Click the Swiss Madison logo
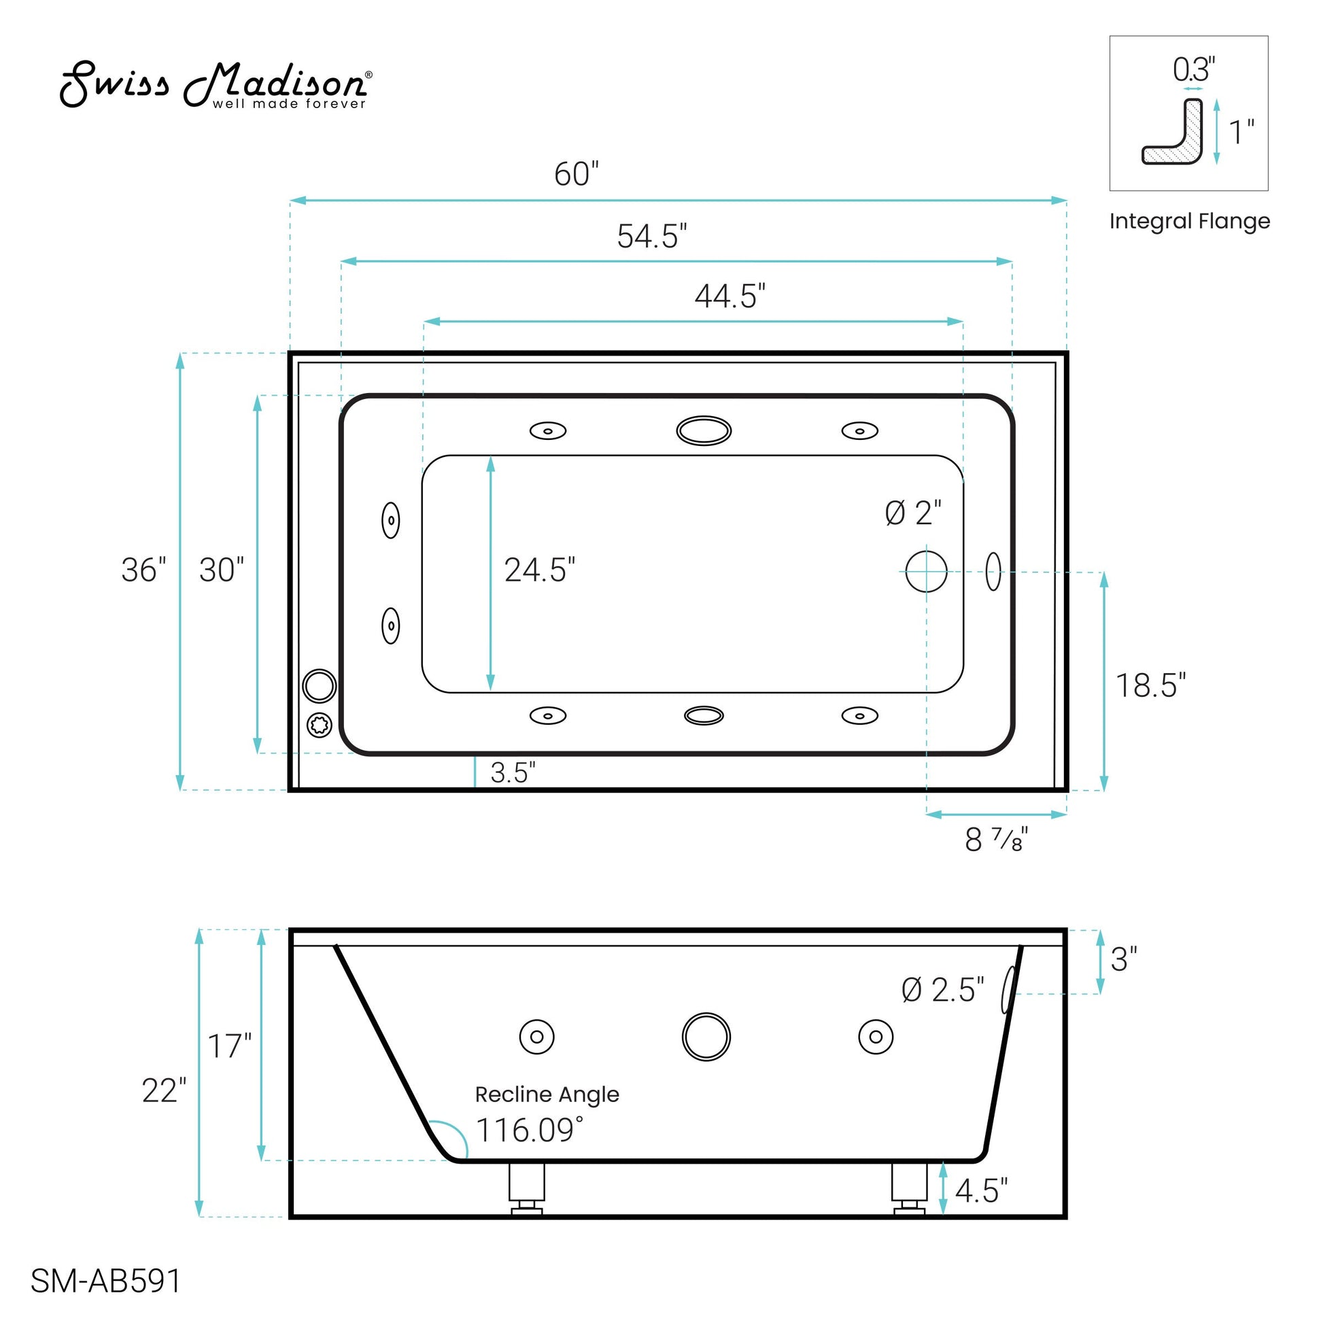pos(216,85)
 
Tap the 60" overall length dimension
pos(577,174)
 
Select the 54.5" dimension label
pos(652,237)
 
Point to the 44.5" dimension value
pos(730,296)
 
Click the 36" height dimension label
pos(144,570)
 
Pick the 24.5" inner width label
pos(540,570)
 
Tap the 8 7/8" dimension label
pos(997,840)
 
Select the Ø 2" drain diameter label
pos(913,513)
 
